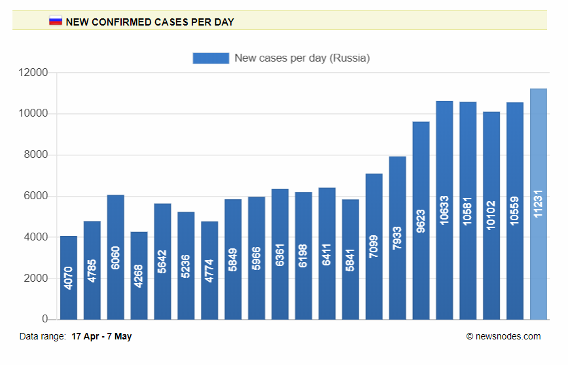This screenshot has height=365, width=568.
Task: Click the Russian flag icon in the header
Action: [x=56, y=21]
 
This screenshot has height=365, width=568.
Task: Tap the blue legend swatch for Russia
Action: [x=211, y=58]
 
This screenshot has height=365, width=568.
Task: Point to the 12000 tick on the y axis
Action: [x=33, y=73]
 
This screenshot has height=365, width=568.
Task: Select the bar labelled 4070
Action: [x=69, y=278]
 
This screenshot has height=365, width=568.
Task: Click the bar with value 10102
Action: [x=491, y=216]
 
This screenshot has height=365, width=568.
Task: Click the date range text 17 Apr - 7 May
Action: [x=101, y=336]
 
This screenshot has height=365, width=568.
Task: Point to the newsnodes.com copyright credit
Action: [x=503, y=336]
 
